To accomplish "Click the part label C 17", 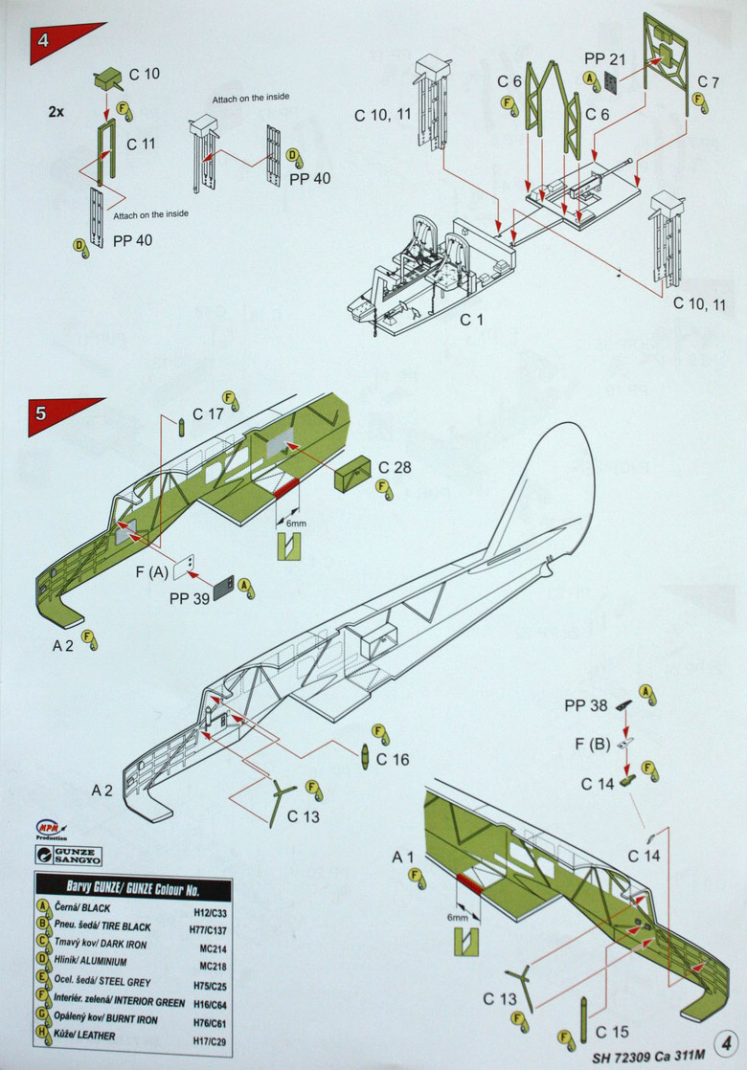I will (208, 414).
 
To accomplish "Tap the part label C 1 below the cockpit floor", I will (470, 320).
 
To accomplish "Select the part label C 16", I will (393, 759).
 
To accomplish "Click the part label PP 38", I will (585, 705).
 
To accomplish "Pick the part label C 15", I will (612, 1032).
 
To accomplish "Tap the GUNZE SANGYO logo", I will (69, 855).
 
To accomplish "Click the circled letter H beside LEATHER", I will (43, 1031).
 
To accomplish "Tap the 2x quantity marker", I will (57, 111).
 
